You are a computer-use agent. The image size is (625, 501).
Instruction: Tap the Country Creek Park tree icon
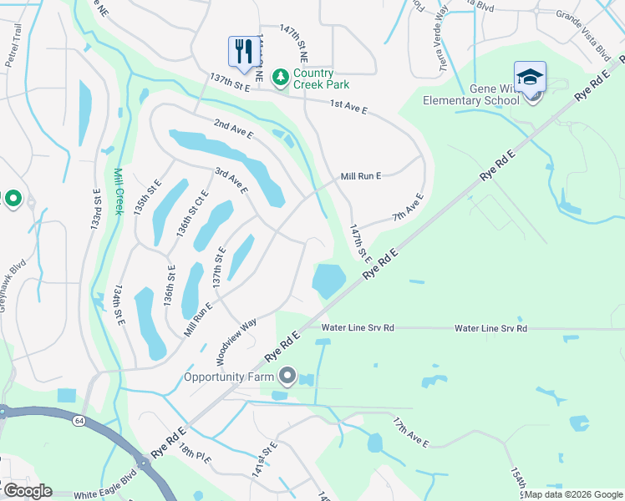coord(281,77)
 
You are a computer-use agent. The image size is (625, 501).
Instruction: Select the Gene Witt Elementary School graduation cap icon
coord(530,78)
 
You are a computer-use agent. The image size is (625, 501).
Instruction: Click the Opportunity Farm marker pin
coord(287,377)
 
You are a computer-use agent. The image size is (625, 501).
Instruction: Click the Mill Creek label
coord(118,191)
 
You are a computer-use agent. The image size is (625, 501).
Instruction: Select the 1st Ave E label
coord(348,105)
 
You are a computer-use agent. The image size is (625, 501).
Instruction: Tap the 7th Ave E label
coord(408,209)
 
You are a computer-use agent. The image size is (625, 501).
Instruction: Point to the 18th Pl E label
coord(193,455)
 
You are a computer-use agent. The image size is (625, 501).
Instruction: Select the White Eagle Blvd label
coord(104,493)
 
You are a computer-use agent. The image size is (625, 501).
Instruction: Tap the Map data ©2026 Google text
coord(572,494)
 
